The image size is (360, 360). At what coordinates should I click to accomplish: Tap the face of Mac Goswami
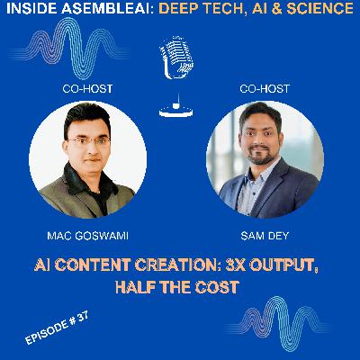pyautogui.click(x=87, y=139)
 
